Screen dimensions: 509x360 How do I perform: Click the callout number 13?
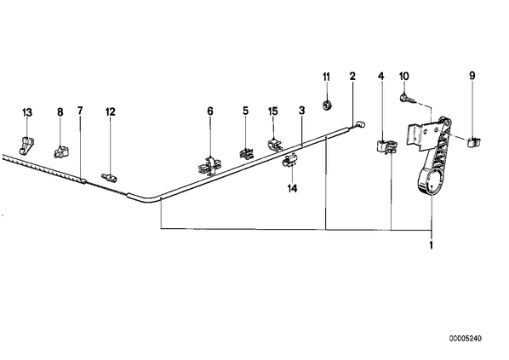(27, 112)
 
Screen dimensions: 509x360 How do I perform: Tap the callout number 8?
(60, 112)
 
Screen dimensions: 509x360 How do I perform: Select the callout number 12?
(110, 112)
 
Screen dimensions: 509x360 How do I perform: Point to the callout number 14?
(292, 188)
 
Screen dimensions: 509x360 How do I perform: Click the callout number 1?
(431, 245)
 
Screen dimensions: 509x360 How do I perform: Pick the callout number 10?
(403, 77)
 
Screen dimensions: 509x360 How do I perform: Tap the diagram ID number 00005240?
(466, 339)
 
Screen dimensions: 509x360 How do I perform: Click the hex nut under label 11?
(326, 106)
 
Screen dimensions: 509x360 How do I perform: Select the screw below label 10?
(408, 99)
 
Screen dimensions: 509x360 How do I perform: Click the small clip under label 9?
(474, 142)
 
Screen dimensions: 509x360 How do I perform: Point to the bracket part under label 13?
(26, 145)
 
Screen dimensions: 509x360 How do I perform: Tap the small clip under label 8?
(60, 151)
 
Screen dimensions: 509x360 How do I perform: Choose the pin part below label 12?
(110, 177)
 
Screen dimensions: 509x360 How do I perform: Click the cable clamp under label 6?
(209, 166)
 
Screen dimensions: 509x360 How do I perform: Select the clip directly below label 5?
(247, 153)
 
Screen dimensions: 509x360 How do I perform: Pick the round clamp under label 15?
(275, 145)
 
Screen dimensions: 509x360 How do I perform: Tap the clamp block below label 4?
(386, 146)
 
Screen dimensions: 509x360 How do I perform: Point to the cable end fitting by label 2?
(360, 123)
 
